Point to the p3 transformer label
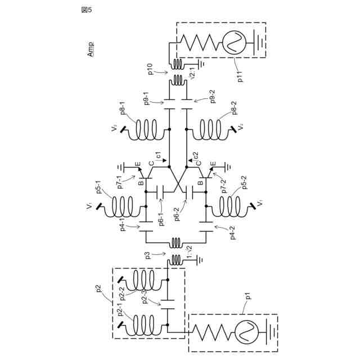pos(148,255)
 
